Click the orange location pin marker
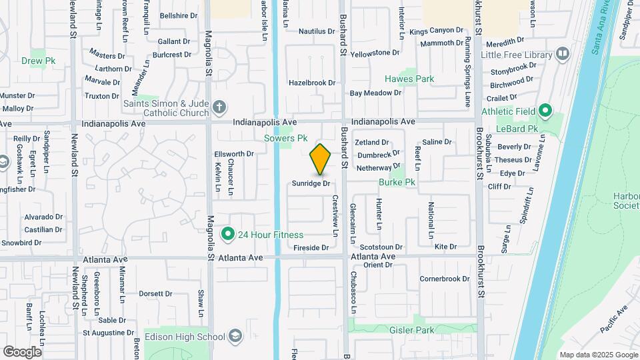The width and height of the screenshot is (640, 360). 321,159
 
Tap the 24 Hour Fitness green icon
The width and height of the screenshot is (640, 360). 227,234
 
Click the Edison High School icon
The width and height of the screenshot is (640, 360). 235,335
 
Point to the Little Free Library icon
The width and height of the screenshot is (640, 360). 562,54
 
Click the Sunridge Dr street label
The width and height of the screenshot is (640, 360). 311,183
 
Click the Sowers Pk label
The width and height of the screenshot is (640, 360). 285,139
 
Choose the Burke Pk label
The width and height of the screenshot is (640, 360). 397,181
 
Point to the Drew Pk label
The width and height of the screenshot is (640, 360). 38,61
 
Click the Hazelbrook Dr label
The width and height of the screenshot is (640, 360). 311,83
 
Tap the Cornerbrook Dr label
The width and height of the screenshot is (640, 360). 445,279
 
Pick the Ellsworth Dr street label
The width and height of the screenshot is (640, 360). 234,154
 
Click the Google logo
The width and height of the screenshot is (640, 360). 22,351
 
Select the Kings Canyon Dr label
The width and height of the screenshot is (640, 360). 436,31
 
